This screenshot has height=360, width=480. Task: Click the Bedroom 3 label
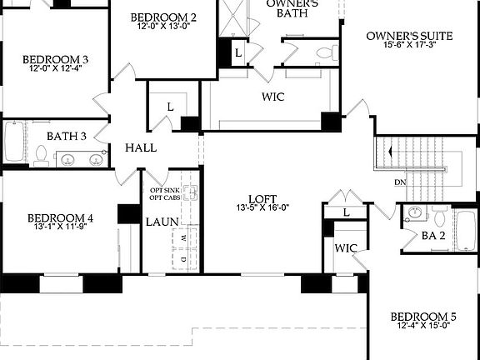tap(56, 59)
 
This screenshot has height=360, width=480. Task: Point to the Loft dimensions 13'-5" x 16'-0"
tap(262, 207)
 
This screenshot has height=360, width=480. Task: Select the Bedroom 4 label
tap(63, 218)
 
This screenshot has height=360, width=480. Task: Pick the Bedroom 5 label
tap(423, 317)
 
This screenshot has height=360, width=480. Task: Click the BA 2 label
tap(432, 236)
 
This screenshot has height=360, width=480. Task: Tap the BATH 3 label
tap(67, 136)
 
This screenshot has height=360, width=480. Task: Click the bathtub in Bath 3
tap(14, 142)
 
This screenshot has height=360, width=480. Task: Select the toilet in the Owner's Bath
tap(326, 53)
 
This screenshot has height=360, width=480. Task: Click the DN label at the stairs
tap(400, 182)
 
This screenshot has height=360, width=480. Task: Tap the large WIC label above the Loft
tap(273, 97)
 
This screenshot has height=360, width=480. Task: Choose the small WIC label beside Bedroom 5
tap(346, 248)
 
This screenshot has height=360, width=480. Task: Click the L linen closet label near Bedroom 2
tap(170, 106)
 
